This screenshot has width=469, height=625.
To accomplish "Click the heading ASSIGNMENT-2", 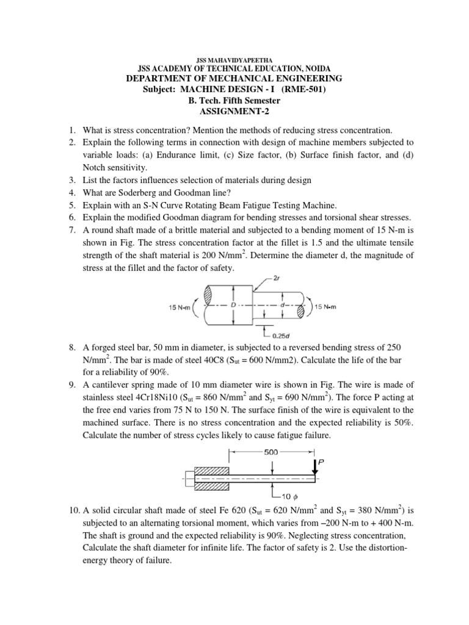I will point(234,112).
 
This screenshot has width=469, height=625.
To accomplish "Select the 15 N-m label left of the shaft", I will point(179,306).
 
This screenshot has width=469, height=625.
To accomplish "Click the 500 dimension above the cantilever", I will point(270,452).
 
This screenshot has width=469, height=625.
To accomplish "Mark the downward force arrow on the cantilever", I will point(314,467).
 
